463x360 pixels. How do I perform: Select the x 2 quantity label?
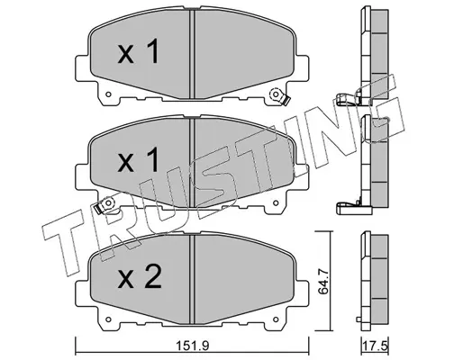click(x=140, y=276)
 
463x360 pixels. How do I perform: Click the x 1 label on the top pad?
click(x=139, y=51)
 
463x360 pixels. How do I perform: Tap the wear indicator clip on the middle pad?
click(x=104, y=205)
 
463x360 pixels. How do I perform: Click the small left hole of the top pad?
click(x=108, y=94)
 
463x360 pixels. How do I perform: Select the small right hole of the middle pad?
click(x=276, y=203)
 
